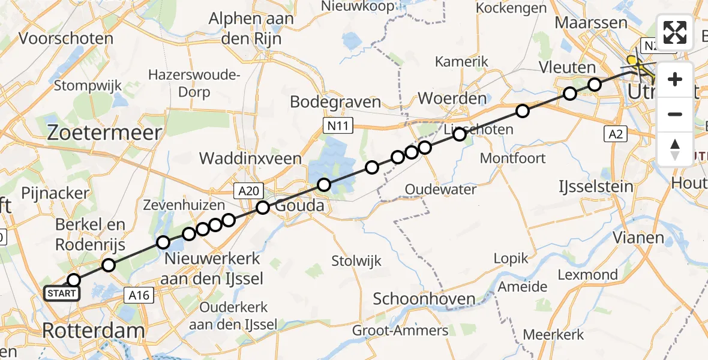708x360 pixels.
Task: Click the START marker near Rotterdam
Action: (61, 293)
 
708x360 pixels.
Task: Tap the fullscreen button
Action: (675, 32)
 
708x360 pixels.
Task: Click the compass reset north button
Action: (675, 149)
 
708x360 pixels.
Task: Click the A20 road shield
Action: (247, 191)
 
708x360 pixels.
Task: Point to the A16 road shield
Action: (139, 295)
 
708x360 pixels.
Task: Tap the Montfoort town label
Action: (513, 158)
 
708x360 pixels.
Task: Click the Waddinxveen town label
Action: (250, 158)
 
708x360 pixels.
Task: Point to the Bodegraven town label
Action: (335, 101)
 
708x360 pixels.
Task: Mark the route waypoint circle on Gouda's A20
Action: (263, 208)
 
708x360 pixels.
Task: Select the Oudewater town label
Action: (440, 190)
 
